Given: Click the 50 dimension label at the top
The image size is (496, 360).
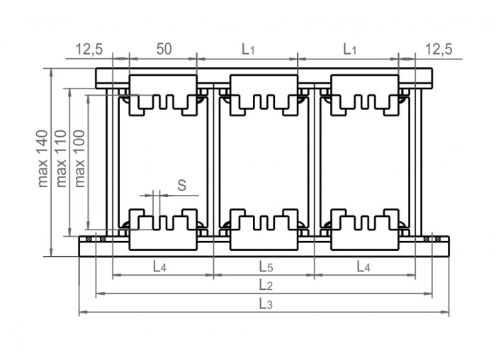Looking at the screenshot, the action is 164,49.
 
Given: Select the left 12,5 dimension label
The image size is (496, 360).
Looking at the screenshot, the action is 89,50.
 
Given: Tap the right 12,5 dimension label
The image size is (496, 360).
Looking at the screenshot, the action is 439,50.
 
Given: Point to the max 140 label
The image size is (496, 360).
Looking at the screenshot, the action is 43,159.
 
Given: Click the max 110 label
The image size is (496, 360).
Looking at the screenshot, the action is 61,159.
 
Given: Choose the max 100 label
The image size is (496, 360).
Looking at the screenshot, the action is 79,159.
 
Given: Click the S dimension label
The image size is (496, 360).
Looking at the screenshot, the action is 182,185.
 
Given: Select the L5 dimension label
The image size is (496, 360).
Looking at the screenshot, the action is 266,266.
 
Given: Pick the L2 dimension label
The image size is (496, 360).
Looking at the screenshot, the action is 266,285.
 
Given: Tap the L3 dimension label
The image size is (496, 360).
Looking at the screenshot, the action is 266,304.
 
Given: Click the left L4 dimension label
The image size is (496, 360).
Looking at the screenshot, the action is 159,266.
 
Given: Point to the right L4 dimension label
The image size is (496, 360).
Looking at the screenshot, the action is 363,266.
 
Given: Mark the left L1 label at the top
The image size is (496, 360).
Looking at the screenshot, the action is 248,50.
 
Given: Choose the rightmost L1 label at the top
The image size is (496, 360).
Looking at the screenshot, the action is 350,50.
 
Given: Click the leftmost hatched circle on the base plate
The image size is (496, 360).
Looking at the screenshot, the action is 89,239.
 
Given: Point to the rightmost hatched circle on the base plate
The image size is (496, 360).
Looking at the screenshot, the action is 438,239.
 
